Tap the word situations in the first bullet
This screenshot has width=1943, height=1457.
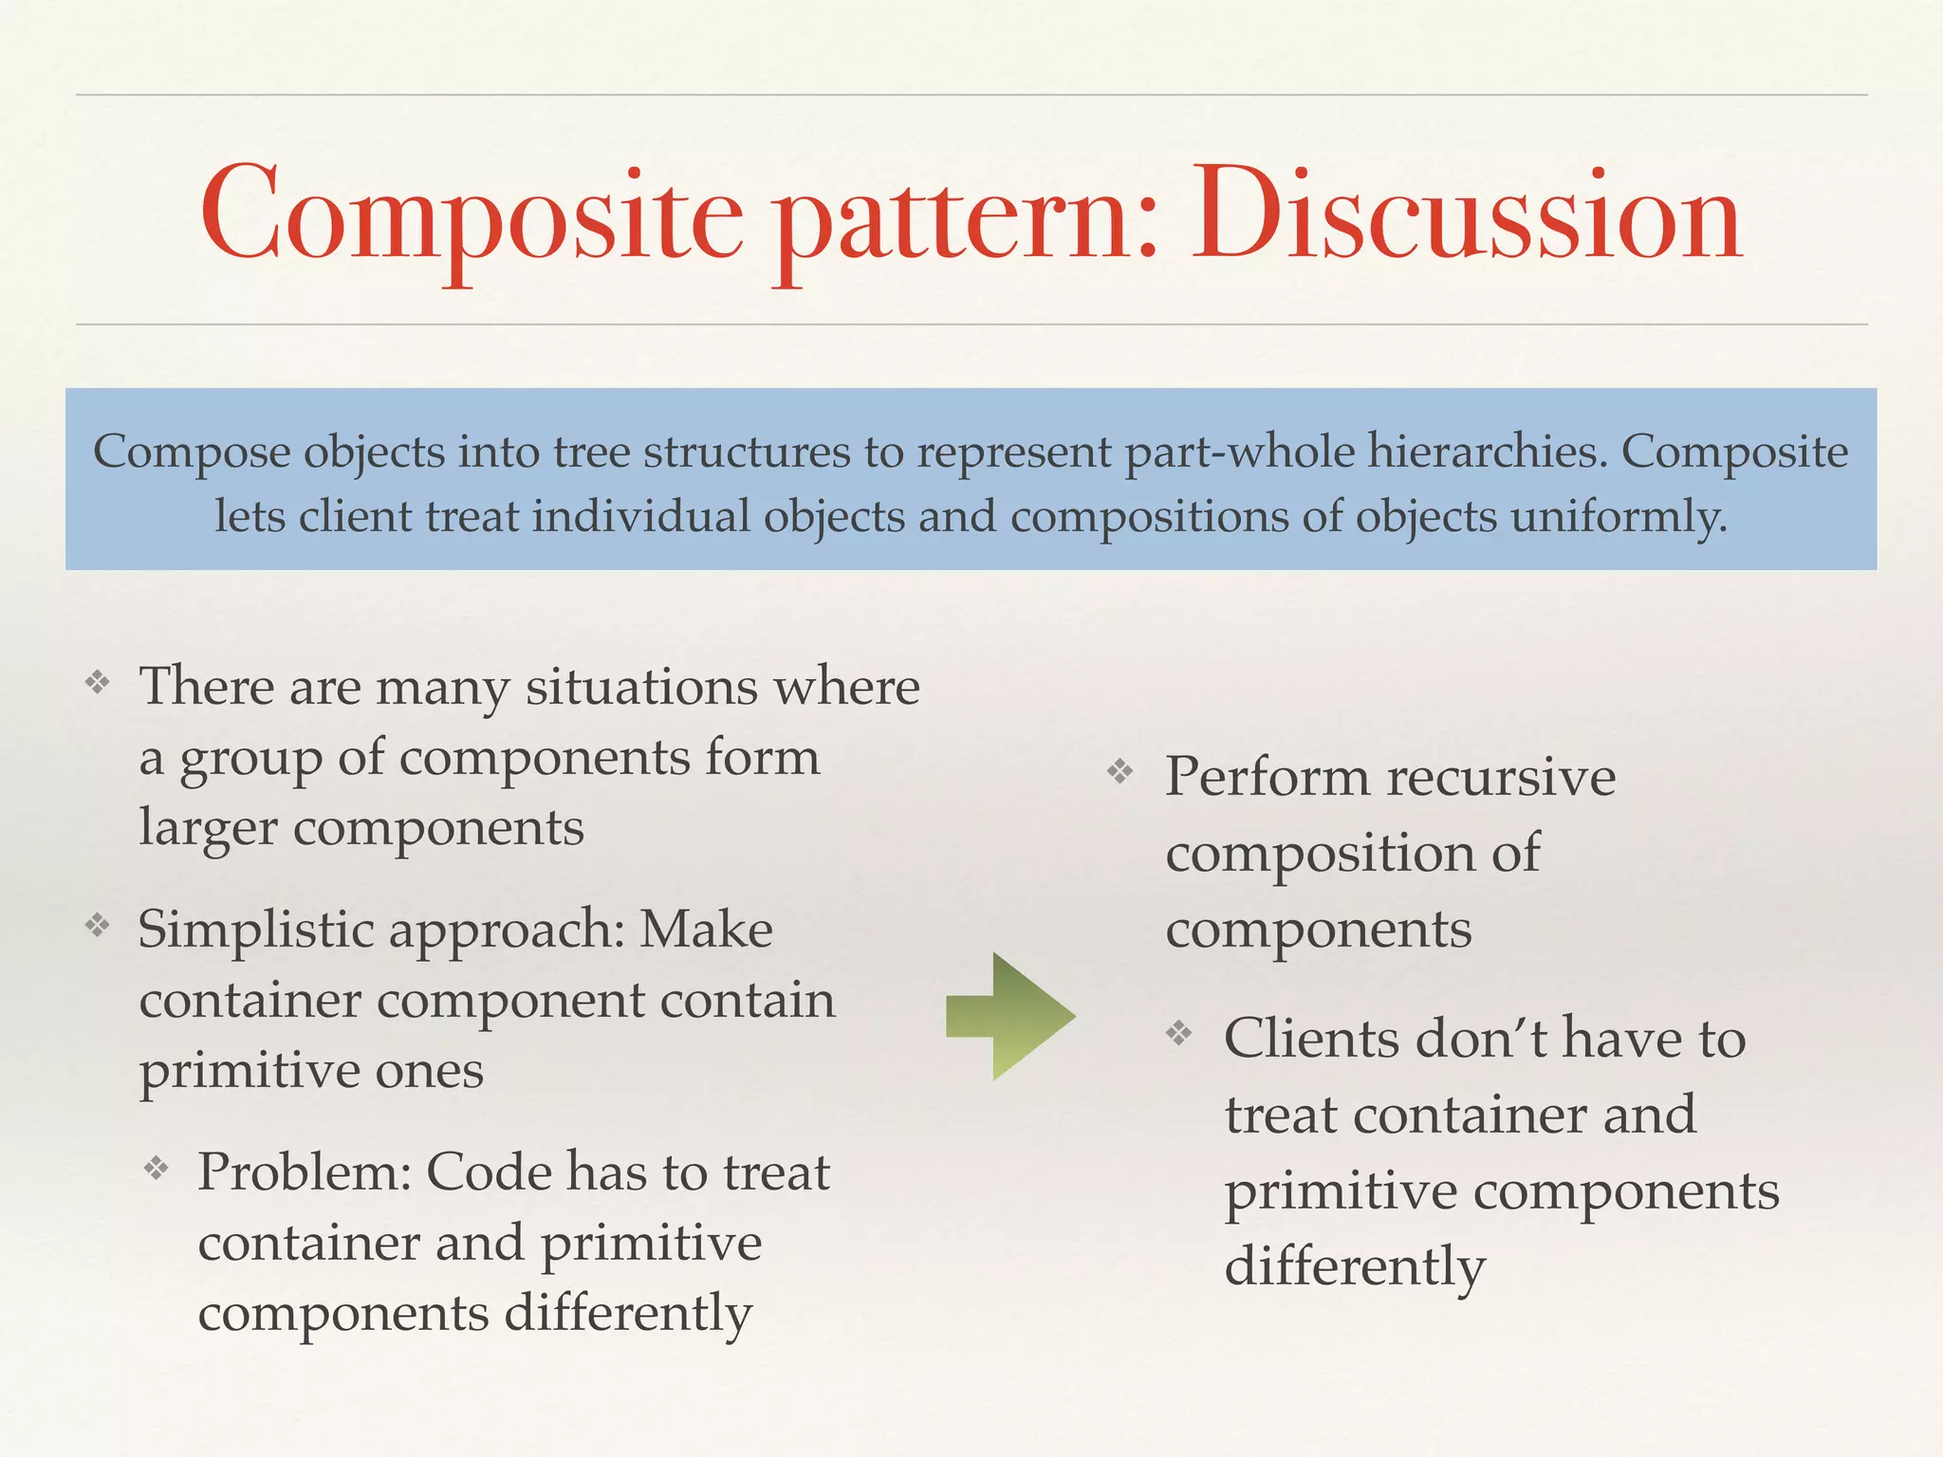[642, 687]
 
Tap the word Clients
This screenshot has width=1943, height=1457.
[1311, 1038]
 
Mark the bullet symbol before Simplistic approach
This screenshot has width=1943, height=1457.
[98, 924]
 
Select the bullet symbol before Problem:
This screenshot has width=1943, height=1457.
[157, 1168]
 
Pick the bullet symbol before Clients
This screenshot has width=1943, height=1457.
[1179, 1032]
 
